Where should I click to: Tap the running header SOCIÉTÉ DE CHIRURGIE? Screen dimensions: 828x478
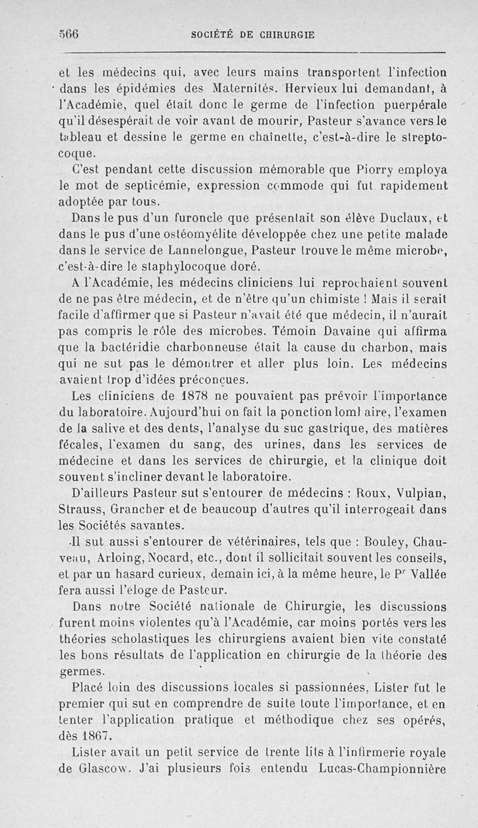[x=252, y=35]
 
